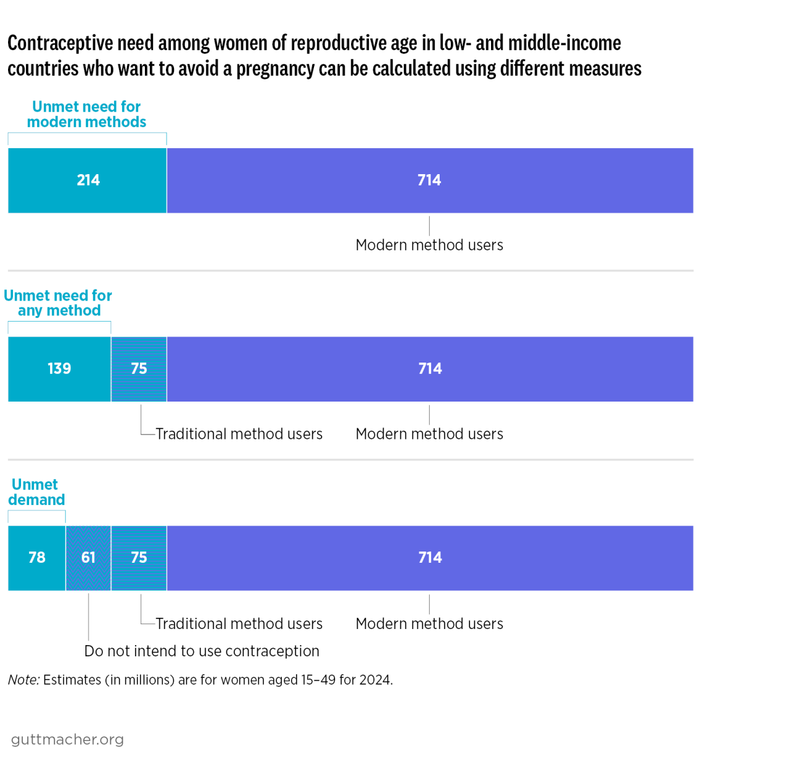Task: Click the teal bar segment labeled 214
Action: pyautogui.click(x=87, y=180)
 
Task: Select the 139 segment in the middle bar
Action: pyautogui.click(x=59, y=369)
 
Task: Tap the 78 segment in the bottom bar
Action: pyautogui.click(x=37, y=558)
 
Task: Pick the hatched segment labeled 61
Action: pyautogui.click(x=89, y=558)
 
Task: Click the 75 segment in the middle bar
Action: pyautogui.click(x=139, y=369)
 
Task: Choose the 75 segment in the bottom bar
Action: pyautogui.click(x=139, y=558)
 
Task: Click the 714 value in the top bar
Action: pyautogui.click(x=429, y=180)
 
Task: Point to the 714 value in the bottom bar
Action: pyautogui.click(x=430, y=558)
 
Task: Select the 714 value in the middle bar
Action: pyautogui.click(x=430, y=369)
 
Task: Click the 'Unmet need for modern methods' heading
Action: pyautogui.click(x=87, y=115)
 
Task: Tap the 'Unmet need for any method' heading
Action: pyautogui.click(x=58, y=303)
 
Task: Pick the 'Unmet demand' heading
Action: pyautogui.click(x=36, y=492)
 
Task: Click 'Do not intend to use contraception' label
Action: pyautogui.click(x=202, y=651)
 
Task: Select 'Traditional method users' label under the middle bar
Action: pyautogui.click(x=239, y=434)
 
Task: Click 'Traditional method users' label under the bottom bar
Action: pyautogui.click(x=239, y=623)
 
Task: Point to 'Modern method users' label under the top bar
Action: pyautogui.click(x=429, y=245)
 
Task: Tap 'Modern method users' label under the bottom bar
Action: pyautogui.click(x=429, y=623)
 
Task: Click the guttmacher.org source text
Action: pyautogui.click(x=67, y=739)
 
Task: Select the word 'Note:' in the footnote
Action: pyautogui.click(x=24, y=680)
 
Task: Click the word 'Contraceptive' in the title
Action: pyautogui.click(x=61, y=43)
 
